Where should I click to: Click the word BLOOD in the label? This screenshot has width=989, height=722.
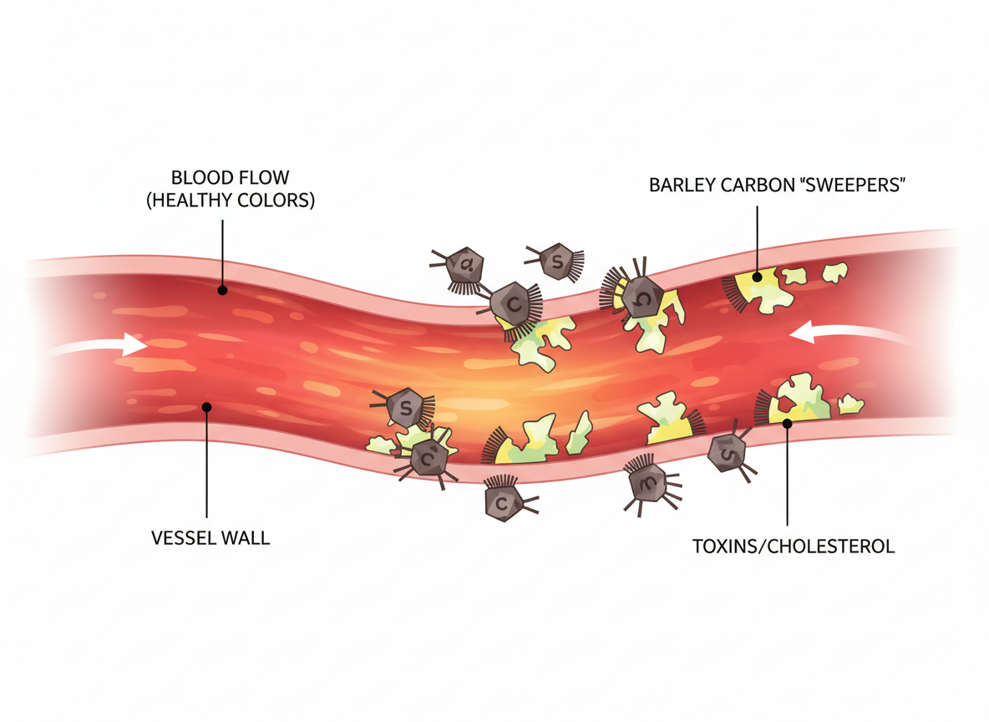[x=195, y=177]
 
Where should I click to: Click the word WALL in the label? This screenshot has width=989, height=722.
[x=244, y=537]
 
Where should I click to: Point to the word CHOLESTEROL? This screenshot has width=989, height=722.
[x=836, y=547]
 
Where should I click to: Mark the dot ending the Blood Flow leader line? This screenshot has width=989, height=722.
[x=222, y=291]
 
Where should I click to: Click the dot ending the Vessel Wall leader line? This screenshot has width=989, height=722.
[x=206, y=407]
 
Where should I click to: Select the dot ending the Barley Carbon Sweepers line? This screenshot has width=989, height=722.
[x=757, y=276]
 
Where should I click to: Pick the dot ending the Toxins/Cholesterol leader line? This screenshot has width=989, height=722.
[x=787, y=424]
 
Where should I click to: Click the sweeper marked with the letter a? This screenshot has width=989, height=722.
[x=464, y=267]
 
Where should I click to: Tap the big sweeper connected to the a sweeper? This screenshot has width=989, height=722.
[x=513, y=303]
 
